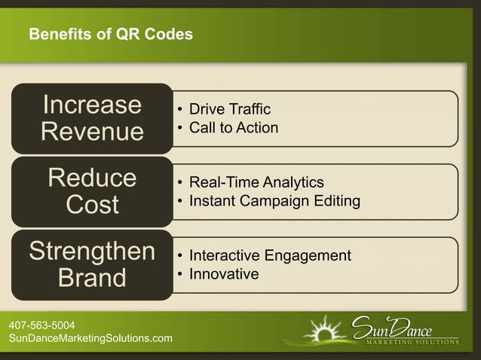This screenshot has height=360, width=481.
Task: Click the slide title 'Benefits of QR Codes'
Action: pos(110,35)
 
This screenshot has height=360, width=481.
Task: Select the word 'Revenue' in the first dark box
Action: pos(92,132)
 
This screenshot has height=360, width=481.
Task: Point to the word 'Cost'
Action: pos(92,205)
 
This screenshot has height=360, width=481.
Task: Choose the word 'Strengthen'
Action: pos(92,251)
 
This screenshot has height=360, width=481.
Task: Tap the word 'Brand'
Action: pos(92,278)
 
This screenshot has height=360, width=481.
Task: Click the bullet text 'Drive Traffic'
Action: pos(230,111)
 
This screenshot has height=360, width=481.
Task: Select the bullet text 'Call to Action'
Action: pos(234,128)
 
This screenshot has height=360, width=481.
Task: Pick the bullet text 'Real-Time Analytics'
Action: pos(256,183)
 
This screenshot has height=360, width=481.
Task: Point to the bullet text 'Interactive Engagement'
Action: pos(270,255)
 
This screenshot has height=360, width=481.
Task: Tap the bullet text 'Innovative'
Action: pos(224,273)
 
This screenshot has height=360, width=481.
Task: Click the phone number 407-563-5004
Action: pos(41,325)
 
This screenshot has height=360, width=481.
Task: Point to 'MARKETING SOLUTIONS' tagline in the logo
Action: pos(412,342)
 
